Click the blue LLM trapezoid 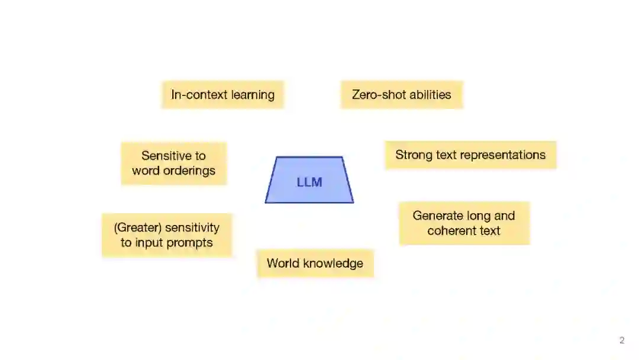click(309, 180)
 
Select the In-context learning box click(222, 95)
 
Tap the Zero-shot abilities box click(401, 95)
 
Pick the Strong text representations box click(470, 155)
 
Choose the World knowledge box click(315, 263)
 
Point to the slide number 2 click(622, 340)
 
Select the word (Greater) click(138, 227)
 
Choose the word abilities click(431, 95)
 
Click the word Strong click(414, 155)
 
